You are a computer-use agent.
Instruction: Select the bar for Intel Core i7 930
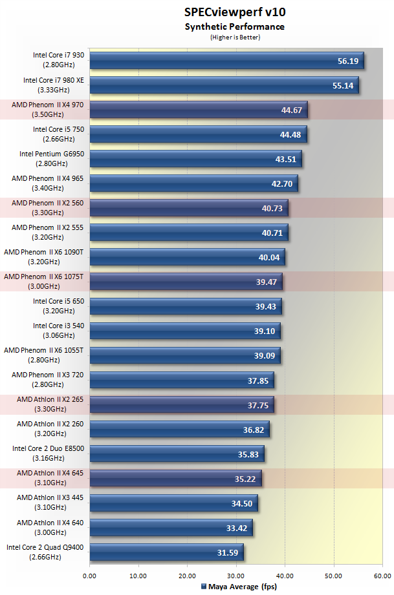226,60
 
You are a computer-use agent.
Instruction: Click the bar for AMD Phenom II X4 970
199,110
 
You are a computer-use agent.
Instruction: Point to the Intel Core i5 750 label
59,134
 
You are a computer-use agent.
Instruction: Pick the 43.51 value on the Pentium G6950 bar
285,159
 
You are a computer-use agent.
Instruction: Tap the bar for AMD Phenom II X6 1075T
186,282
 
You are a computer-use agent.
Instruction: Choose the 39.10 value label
263,331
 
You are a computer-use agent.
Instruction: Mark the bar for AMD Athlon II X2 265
182,404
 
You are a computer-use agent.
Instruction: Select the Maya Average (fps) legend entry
234,587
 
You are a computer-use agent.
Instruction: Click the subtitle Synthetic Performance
234,27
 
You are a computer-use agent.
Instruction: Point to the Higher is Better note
234,37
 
